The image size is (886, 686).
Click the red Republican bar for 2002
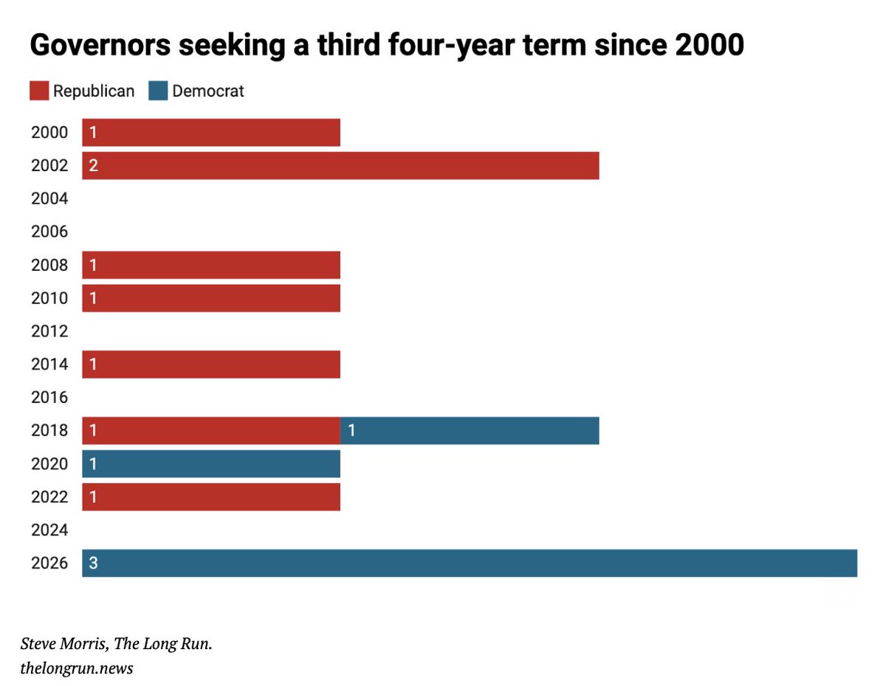(340, 165)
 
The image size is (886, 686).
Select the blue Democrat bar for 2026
(470, 563)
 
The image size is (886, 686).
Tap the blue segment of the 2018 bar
(470, 431)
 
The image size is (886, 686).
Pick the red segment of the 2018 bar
(211, 431)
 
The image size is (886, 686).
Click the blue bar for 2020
(211, 464)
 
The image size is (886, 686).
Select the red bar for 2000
(211, 133)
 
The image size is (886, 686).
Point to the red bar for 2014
(211, 364)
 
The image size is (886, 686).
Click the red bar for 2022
(211, 497)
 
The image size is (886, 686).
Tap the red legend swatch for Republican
(38, 91)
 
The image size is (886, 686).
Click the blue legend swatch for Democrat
(158, 91)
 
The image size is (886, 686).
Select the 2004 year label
(49, 198)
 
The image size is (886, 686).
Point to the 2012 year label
(49, 331)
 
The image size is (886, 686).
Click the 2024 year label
(49, 530)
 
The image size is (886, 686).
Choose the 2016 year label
(49, 398)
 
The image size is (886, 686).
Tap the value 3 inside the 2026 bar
(94, 564)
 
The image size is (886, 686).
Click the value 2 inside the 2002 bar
(94, 166)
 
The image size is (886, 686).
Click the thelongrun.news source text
(77, 668)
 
